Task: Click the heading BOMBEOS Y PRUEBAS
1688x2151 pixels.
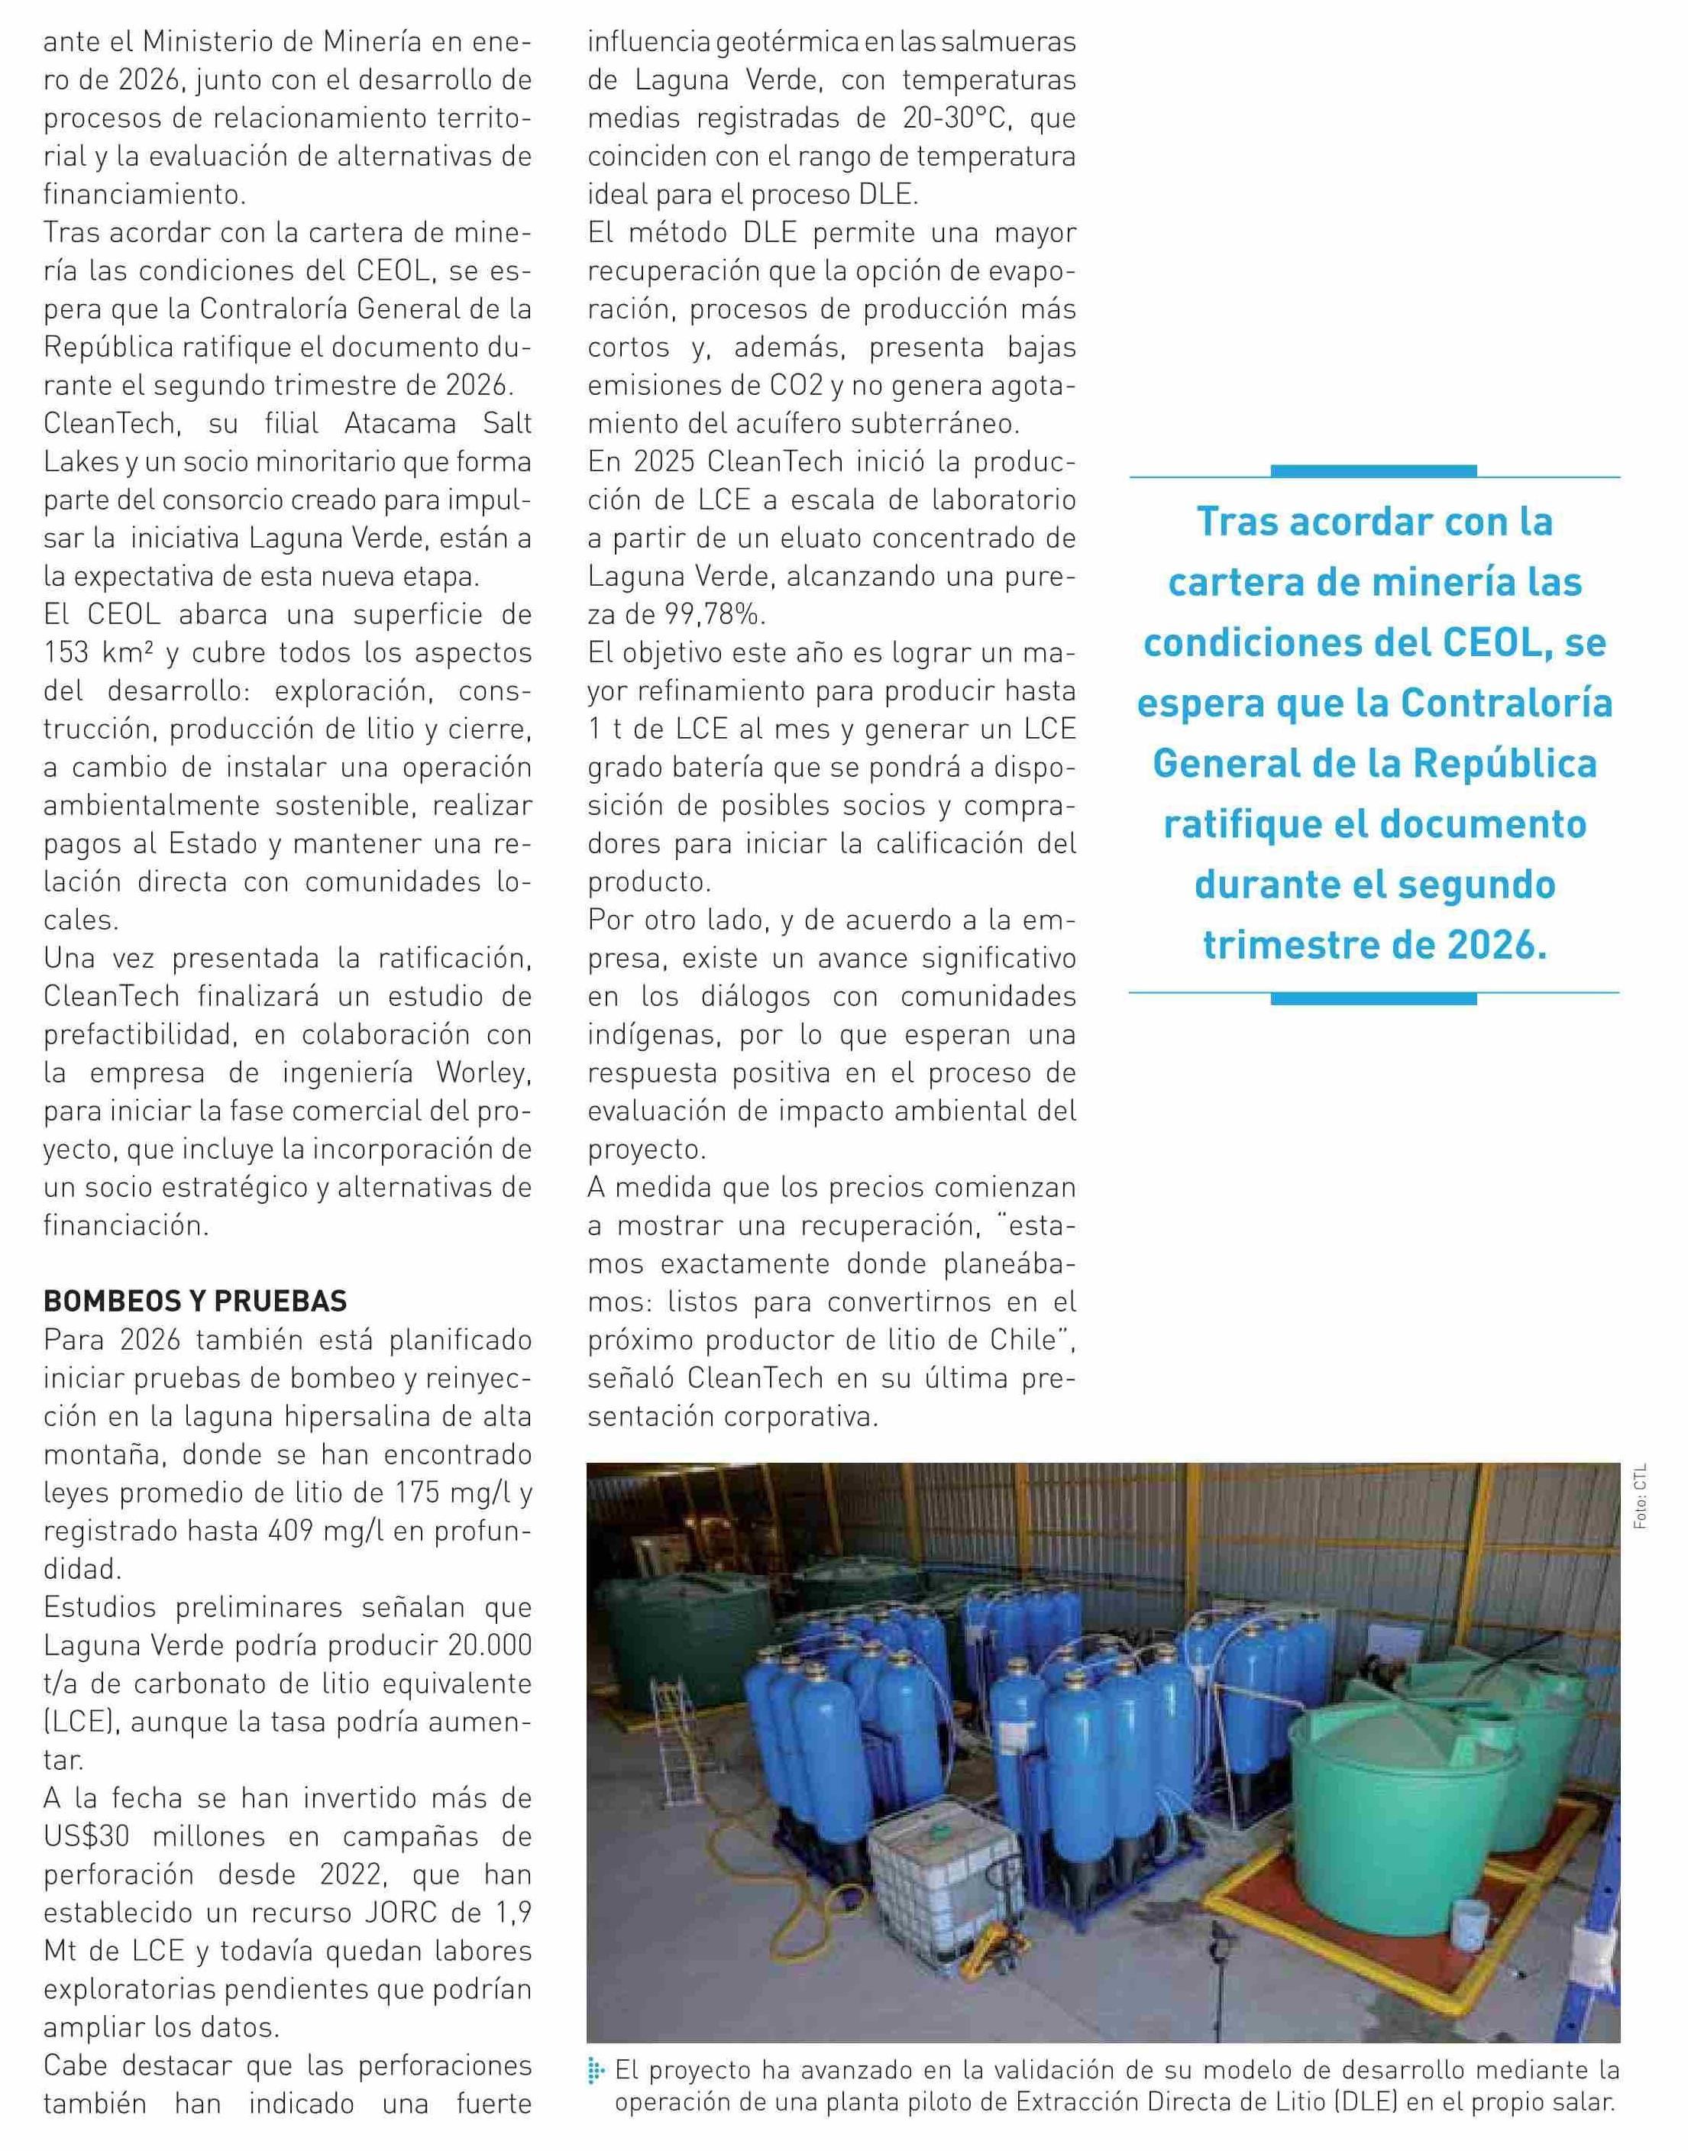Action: click(x=195, y=1302)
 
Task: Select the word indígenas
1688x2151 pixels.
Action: click(x=645, y=1035)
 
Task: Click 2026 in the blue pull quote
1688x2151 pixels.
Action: click(x=1496, y=946)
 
